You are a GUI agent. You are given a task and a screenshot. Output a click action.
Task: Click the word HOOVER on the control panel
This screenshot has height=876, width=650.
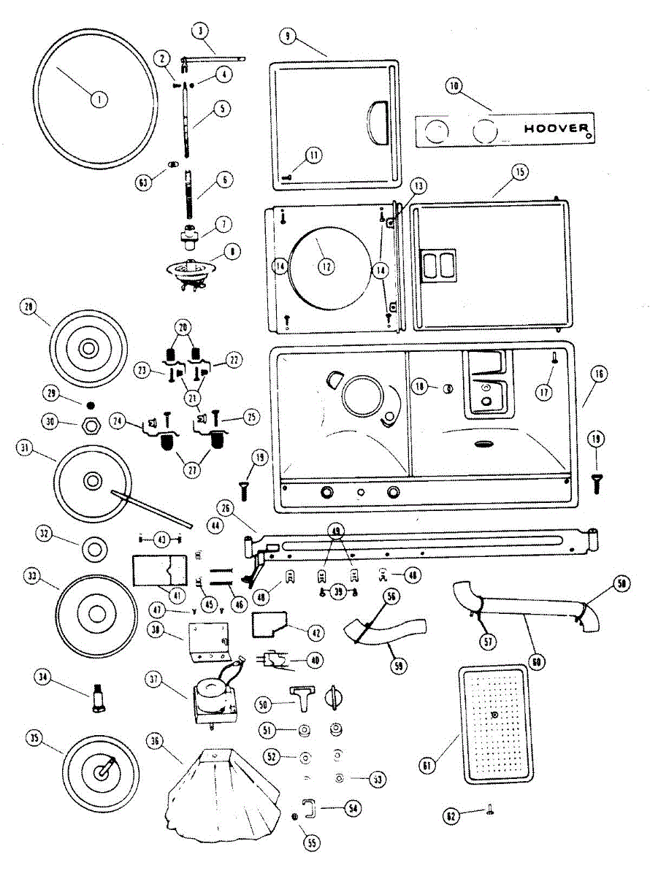(x=557, y=129)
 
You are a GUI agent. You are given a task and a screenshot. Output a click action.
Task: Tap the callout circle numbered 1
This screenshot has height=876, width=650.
(x=96, y=99)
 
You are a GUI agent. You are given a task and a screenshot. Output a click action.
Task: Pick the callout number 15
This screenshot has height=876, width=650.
(x=519, y=172)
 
